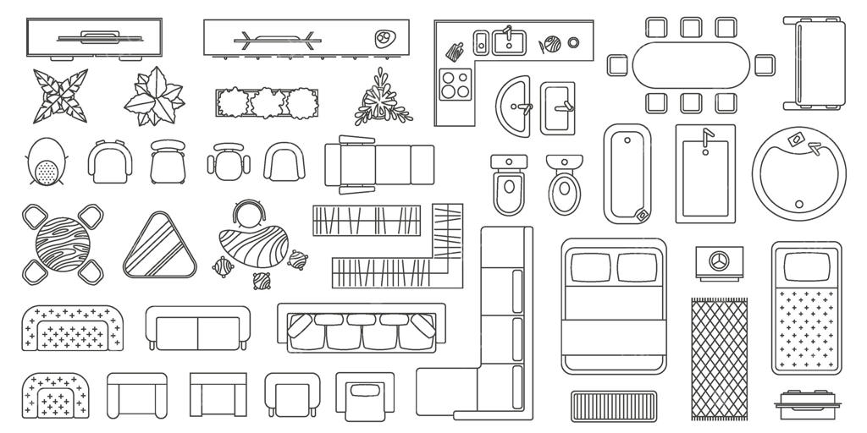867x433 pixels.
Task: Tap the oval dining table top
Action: tap(691, 65)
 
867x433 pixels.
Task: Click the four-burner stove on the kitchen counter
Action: tap(456, 84)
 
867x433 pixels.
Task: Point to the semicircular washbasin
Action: tap(513, 105)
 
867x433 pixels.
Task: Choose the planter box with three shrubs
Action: tap(267, 103)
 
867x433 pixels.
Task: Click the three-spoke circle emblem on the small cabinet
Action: tap(719, 259)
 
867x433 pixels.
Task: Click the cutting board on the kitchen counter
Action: tap(455, 51)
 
